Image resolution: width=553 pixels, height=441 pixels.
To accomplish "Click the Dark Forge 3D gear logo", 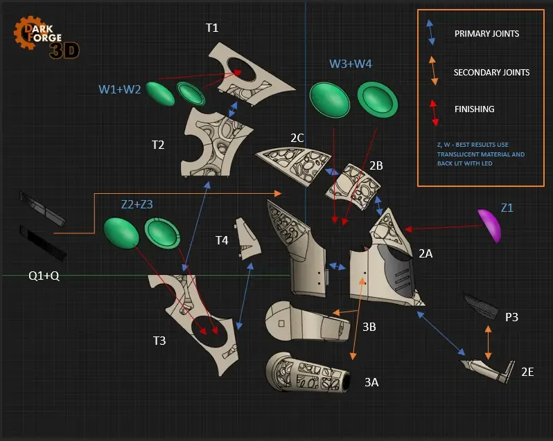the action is [46, 37].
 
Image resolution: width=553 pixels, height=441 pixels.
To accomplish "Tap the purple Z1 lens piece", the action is [489, 225].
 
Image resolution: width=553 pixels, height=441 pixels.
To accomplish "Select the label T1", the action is [212, 28].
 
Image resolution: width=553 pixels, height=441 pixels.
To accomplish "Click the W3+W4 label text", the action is [350, 64].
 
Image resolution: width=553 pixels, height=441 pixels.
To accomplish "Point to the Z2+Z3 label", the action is [137, 204].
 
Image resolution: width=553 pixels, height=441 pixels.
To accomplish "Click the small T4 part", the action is [247, 238].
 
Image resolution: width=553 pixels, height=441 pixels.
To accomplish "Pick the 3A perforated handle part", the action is [308, 372].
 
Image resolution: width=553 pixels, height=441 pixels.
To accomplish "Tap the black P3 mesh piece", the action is [481, 305].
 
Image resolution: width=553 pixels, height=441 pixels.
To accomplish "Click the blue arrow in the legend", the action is [430, 33].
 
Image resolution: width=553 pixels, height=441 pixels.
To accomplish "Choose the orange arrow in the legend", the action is [433, 71].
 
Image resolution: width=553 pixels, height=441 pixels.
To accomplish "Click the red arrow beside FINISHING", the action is [434, 113].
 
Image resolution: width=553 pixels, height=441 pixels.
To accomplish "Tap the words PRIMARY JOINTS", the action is [486, 34].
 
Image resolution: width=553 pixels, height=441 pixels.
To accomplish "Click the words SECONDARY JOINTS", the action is [491, 73].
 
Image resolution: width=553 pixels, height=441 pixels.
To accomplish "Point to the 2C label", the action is [297, 138].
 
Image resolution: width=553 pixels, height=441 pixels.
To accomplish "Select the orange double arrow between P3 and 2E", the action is [488, 343].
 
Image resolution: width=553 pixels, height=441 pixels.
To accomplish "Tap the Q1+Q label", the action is [44, 276].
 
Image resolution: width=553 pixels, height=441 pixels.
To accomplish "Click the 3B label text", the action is [369, 327].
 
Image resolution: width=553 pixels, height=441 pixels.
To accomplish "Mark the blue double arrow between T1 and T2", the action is [233, 109].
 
